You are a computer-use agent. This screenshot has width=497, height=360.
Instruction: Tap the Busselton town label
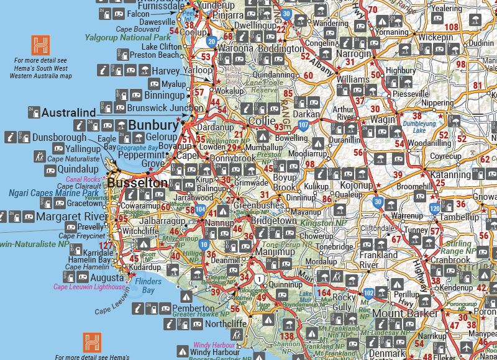click(137, 183)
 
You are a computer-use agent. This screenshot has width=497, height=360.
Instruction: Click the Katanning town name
click(450, 175)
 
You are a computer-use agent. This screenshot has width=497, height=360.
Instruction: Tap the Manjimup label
click(274, 253)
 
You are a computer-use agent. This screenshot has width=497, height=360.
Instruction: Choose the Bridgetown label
click(273, 220)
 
